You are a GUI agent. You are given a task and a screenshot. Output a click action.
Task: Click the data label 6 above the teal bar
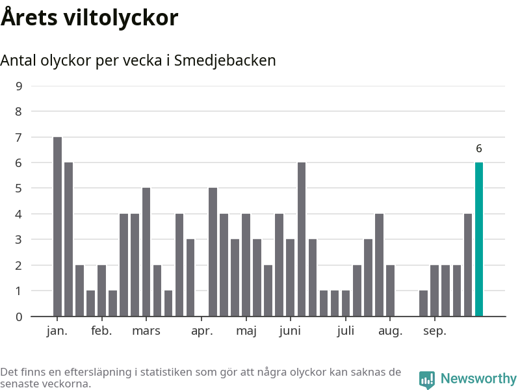479,149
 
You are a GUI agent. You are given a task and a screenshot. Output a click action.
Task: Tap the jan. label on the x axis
57,331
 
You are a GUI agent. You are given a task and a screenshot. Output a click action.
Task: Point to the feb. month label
101,331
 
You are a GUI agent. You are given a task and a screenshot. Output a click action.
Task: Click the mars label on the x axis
146,331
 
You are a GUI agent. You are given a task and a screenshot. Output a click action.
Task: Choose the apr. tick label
202,331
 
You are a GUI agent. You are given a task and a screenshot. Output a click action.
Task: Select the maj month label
246,331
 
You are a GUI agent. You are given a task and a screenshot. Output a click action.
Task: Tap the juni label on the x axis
290,331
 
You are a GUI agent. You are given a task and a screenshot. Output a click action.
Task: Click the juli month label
346,331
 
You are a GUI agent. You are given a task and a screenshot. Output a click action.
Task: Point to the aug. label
390,331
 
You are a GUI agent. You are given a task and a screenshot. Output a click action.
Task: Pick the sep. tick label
435,331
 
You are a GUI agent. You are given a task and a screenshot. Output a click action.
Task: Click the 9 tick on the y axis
18,86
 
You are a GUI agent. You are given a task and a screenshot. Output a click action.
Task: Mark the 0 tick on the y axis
18,317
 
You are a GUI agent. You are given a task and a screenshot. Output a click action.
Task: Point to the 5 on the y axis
18,188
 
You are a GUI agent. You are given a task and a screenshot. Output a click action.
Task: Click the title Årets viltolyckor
89,18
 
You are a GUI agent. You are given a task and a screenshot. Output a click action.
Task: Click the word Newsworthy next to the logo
478,379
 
